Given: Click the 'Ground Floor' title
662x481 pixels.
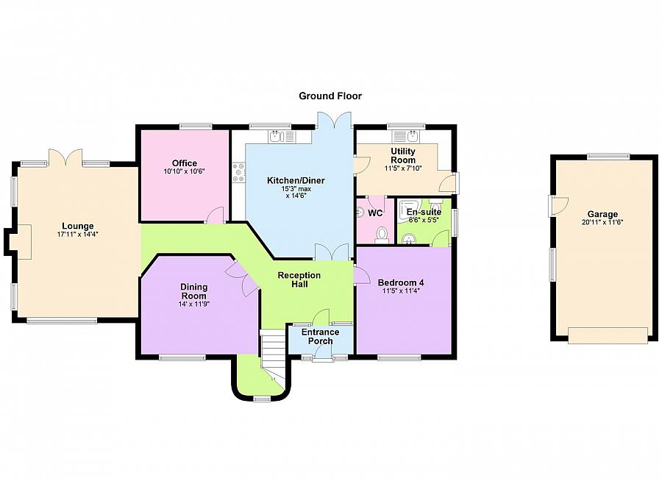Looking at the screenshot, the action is point(330,96).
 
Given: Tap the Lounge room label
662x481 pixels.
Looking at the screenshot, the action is point(78,226).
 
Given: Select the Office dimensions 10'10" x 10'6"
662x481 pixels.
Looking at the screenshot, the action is point(185,171).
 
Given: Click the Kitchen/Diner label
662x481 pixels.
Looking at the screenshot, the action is point(296,181).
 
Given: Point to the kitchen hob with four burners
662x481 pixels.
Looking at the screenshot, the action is point(238,173).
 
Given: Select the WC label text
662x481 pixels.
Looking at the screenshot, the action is point(375,213).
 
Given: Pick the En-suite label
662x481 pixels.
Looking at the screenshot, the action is point(424,212).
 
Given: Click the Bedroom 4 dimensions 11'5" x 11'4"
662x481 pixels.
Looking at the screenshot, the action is point(401,291).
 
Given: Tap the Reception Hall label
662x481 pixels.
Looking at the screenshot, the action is point(299,279).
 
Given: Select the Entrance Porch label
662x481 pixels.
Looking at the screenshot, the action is point(320,337).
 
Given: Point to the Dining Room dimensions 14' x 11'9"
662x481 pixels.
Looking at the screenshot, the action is point(194,304).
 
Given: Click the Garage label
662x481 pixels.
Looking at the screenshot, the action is point(602,214).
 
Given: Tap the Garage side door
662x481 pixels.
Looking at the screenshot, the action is point(558,206).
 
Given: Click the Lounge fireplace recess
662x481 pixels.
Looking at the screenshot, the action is point(19,241).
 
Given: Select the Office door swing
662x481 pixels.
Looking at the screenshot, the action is point(216,215).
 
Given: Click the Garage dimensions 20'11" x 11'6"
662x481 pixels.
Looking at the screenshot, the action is point(602,222).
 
